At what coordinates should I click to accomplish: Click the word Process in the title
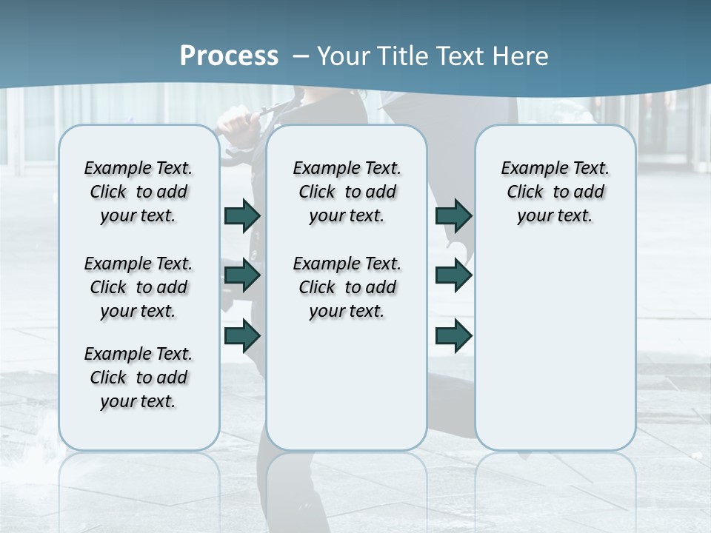(229, 56)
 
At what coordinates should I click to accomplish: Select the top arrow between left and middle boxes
(242, 215)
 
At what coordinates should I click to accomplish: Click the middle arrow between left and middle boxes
(242, 275)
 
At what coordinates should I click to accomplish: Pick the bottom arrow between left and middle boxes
(242, 335)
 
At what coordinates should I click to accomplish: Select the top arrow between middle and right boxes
(453, 215)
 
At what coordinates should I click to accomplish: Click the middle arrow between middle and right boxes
(453, 275)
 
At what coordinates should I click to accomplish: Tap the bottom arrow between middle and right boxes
(453, 335)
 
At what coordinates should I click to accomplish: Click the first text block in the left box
(138, 192)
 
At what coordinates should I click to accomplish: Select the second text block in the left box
(138, 287)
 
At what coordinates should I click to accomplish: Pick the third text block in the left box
(138, 378)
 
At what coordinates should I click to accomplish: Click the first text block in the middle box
(347, 192)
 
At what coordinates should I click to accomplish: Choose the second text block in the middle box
(347, 287)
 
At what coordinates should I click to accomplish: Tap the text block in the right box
(555, 192)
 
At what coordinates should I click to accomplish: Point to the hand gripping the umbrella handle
(238, 118)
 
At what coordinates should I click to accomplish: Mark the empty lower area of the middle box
(347, 385)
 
